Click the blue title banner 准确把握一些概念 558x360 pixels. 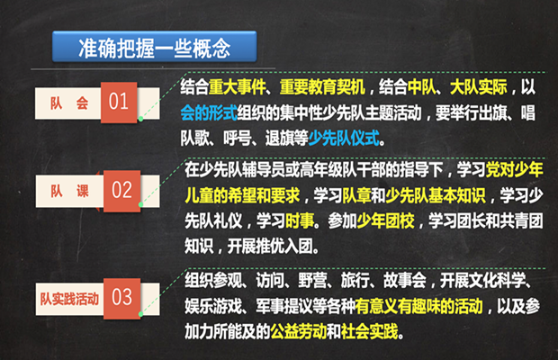(x=154, y=47)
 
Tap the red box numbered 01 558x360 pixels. (x=119, y=103)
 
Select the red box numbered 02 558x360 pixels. (x=122, y=191)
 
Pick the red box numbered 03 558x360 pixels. (x=122, y=298)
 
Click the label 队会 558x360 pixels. (x=69, y=103)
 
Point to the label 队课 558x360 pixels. (x=69, y=191)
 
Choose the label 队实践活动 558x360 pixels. (x=69, y=299)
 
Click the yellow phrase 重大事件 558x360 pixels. (x=237, y=87)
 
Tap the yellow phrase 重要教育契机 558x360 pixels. (x=322, y=87)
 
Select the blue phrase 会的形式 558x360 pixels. (x=209, y=112)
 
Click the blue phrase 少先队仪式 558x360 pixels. (x=344, y=138)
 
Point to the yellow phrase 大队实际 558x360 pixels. (x=479, y=87)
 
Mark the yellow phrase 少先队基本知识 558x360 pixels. (x=436, y=195)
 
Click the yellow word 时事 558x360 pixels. (x=300, y=220)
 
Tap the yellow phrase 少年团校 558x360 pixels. (x=385, y=220)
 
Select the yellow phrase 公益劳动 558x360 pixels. (x=298, y=331)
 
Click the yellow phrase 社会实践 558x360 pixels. (x=369, y=331)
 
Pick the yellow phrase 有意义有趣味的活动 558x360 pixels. (x=418, y=306)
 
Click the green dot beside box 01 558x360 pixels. (x=141, y=119)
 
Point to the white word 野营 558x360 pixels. (x=312, y=281)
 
